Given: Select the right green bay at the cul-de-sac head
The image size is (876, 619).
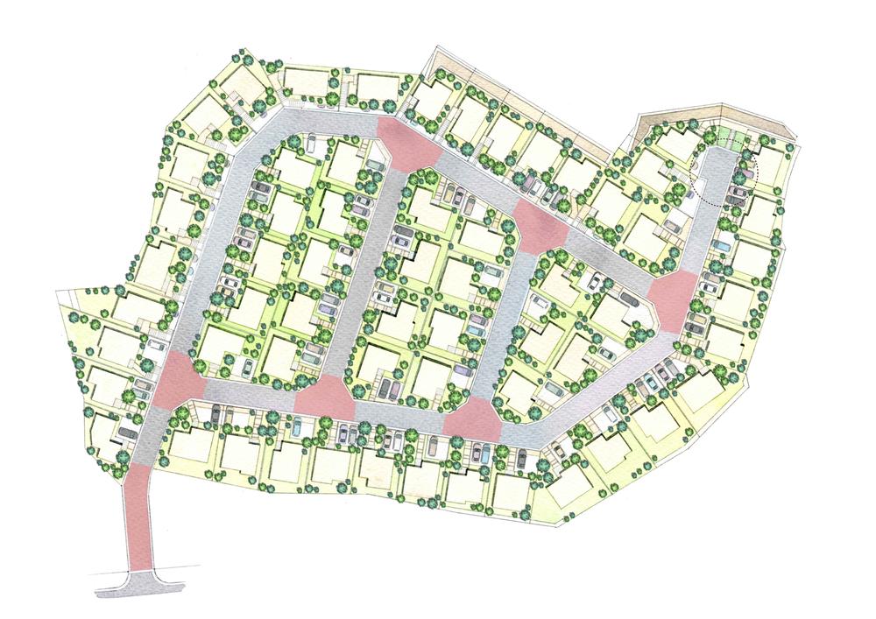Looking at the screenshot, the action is point(740,139).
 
